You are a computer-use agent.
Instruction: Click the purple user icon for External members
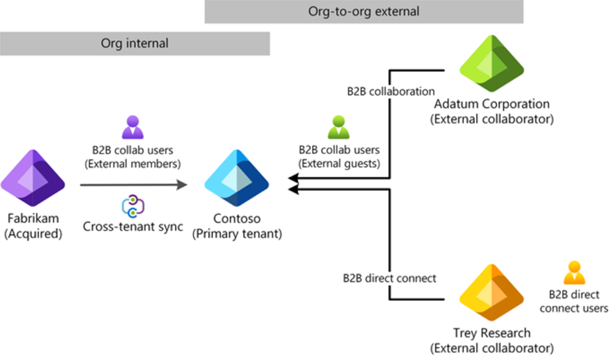tap(133, 127)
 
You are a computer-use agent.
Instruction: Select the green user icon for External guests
tap(338, 127)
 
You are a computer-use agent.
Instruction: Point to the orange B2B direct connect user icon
tap(573, 273)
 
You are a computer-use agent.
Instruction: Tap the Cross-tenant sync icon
tap(133, 207)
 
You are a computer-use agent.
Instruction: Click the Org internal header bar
tap(135, 44)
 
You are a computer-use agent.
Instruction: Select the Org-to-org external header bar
tap(363, 12)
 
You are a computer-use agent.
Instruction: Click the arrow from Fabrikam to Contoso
tap(133, 185)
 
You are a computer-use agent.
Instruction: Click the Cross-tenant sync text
tap(133, 227)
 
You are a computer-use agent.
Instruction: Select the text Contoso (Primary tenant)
tap(237, 227)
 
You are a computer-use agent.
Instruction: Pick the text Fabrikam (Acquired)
tap(32, 227)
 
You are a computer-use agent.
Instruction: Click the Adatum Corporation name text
tap(492, 104)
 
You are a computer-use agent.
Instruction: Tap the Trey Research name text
tap(492, 333)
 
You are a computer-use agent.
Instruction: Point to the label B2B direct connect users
tap(573, 301)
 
